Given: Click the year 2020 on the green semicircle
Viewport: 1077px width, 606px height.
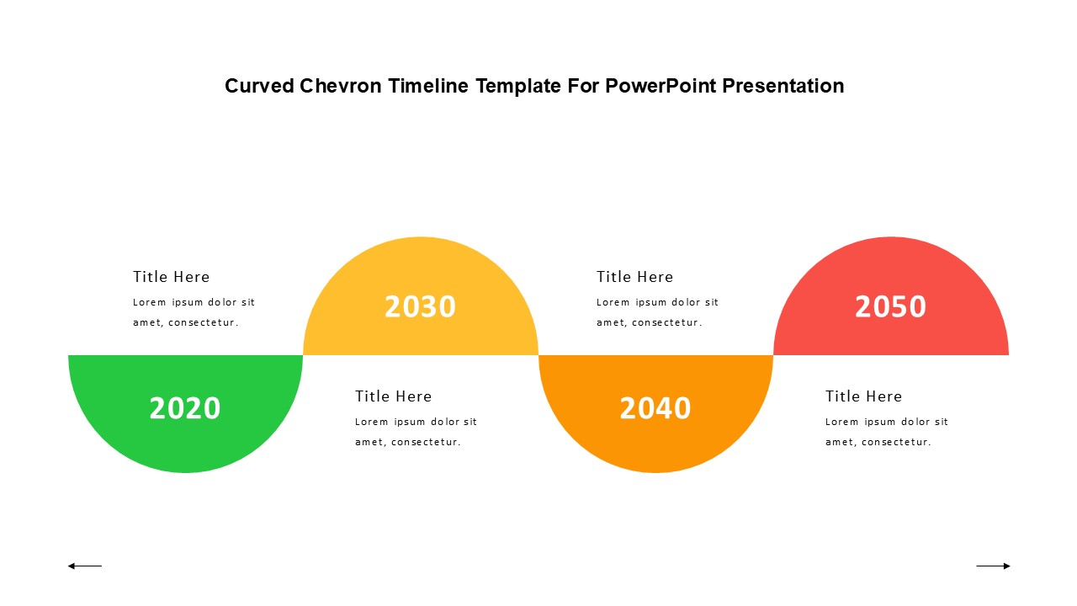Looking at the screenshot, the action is coord(185,408).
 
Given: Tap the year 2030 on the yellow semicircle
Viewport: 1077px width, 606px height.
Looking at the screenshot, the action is coord(420,306).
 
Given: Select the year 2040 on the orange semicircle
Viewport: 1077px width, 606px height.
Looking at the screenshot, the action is coord(655,408).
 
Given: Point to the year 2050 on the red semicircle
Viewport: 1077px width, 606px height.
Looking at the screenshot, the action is coord(890,306).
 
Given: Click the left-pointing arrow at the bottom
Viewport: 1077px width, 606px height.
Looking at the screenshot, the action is coord(85,566).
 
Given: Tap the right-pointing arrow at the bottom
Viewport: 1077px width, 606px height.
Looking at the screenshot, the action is coord(994,566).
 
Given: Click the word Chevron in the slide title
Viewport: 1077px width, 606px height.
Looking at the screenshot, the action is coord(341,86).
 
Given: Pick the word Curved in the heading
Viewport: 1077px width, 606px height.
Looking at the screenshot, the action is coord(260,86).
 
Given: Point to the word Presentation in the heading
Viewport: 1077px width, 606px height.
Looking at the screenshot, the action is coord(783,86).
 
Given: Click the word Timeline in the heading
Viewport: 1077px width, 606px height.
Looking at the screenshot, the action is coord(428,86).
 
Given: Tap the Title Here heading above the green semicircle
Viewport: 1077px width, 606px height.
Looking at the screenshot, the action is coord(171,277).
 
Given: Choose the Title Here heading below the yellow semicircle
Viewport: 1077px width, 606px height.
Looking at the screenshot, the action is coord(393,396).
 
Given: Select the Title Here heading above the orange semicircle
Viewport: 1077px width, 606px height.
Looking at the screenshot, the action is coord(634,277).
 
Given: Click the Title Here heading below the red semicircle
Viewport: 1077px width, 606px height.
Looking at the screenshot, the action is coord(863,396).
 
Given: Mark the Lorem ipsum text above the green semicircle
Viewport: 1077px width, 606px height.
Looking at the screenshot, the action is coord(194,312).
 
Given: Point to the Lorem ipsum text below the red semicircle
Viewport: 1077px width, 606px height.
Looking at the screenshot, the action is coord(887,432).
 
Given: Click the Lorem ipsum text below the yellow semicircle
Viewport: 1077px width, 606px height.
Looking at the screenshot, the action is coord(416,432).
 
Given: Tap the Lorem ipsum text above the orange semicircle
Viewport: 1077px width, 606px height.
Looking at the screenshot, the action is coord(657,312).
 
